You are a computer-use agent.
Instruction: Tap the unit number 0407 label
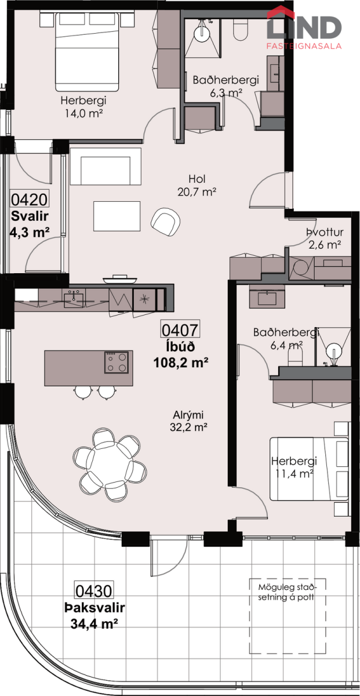click(180, 330)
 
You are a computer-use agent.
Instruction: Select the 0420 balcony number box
click(29, 199)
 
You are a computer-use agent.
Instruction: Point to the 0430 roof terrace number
click(93, 591)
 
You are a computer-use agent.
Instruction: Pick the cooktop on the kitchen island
click(117, 362)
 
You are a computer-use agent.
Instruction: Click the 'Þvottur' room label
click(325, 233)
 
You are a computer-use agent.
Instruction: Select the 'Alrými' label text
click(188, 415)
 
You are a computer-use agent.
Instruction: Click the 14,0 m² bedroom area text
click(83, 113)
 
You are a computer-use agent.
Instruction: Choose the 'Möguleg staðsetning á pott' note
click(286, 593)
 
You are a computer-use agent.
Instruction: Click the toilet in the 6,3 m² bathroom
click(241, 29)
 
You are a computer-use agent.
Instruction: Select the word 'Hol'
click(197, 179)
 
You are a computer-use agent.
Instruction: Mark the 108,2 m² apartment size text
click(181, 362)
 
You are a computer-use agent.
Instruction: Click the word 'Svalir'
click(30, 216)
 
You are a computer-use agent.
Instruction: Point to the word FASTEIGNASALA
click(304, 46)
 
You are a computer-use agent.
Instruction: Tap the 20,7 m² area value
click(197, 192)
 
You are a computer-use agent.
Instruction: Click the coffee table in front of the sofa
click(117, 216)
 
